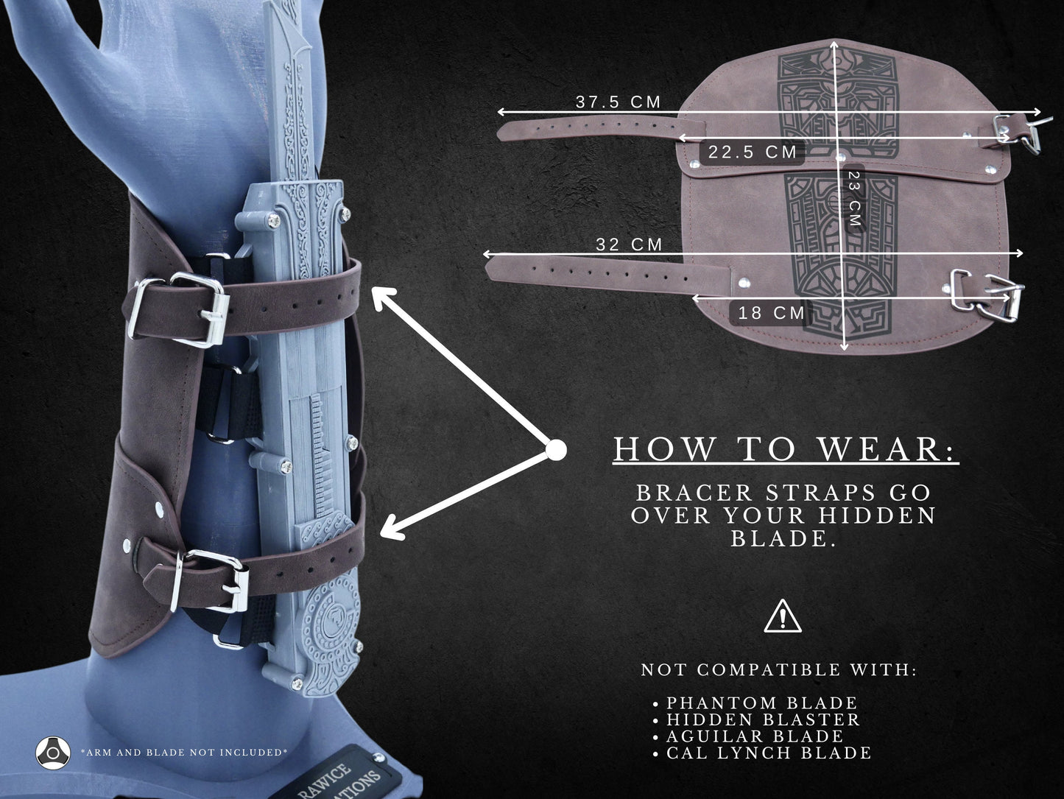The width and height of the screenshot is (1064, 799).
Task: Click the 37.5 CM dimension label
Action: tap(618, 102)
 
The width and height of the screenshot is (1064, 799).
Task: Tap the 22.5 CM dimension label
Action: tap(753, 152)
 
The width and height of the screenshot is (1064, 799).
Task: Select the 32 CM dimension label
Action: tap(629, 244)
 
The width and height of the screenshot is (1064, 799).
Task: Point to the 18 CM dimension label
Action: tap(771, 313)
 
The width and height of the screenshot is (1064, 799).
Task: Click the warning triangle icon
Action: tap(783, 616)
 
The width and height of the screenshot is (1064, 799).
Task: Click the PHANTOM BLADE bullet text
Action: tap(761, 703)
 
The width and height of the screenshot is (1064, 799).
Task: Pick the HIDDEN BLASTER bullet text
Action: tap(763, 719)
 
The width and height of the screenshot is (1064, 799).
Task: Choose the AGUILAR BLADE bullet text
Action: tap(755, 736)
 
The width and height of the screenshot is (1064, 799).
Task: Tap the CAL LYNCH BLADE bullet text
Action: tap(769, 753)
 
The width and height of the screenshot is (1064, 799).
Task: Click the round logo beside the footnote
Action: tap(53, 753)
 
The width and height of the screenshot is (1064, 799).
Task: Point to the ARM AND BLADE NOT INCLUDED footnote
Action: tap(184, 753)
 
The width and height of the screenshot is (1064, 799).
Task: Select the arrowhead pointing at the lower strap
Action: tap(392, 529)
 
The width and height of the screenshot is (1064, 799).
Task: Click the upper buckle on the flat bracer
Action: tap(1022, 133)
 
